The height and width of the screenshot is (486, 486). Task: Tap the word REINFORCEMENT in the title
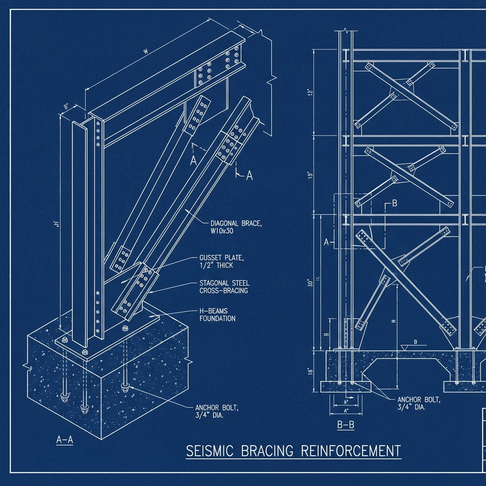tap(351, 450)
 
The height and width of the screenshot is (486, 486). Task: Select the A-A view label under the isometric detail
tap(65, 439)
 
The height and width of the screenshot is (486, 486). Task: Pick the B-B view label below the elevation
tap(346, 425)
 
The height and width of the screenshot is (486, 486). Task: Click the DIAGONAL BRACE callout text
tap(235, 223)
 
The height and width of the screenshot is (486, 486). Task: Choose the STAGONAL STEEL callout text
tap(224, 283)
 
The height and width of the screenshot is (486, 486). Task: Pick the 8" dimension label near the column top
tap(66, 107)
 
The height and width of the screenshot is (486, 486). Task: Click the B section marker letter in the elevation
tap(393, 204)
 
